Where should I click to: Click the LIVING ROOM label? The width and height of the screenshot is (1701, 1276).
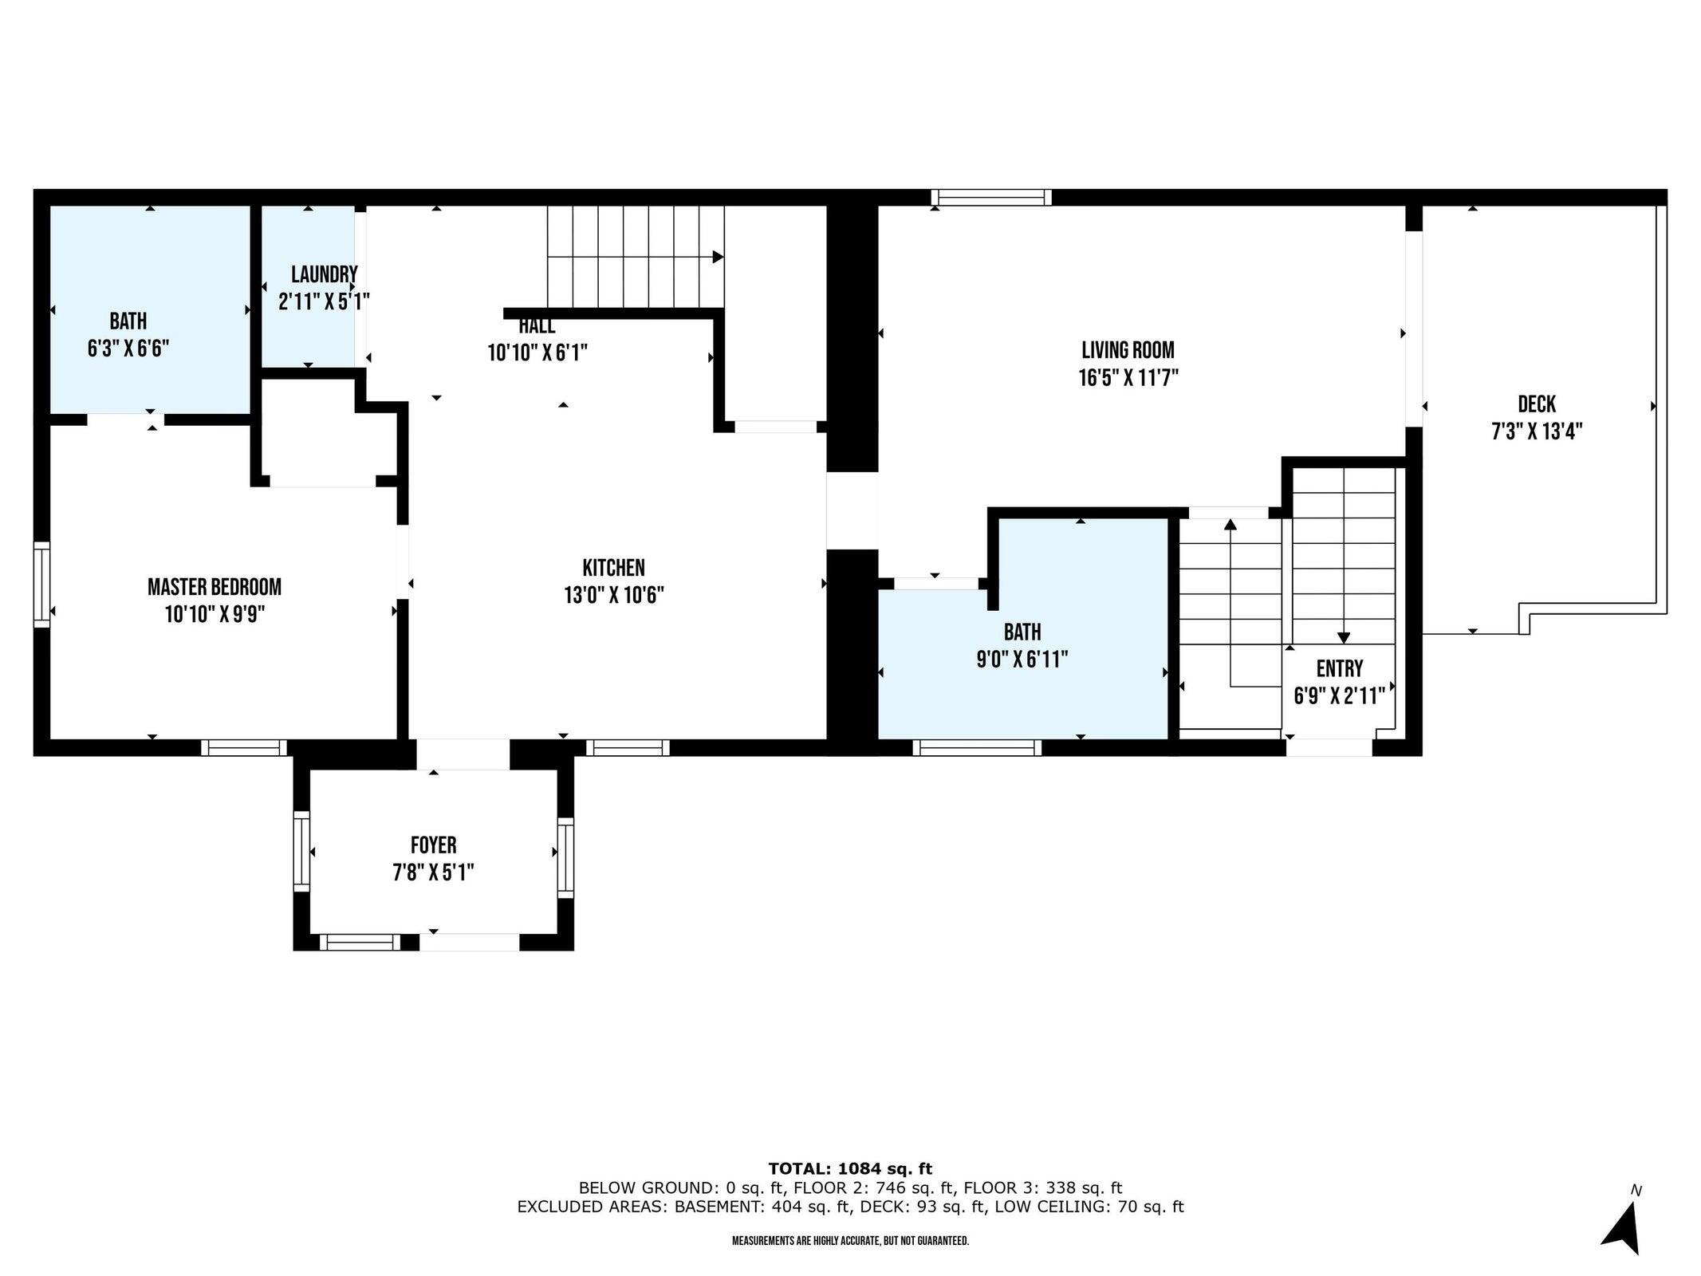[x=1128, y=350]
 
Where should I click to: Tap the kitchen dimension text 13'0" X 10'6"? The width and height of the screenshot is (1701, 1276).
[x=613, y=596]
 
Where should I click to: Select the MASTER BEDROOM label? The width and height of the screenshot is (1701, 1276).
[x=214, y=588]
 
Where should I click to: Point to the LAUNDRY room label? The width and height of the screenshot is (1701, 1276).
[x=324, y=275]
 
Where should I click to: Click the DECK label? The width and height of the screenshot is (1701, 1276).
[x=1536, y=404]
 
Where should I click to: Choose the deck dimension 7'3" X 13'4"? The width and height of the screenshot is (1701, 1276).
[x=1536, y=432]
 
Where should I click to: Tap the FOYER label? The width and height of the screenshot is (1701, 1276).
[x=433, y=845]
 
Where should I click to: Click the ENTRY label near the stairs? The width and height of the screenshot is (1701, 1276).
[x=1339, y=668]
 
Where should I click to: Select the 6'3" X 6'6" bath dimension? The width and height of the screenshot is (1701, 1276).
[x=128, y=349]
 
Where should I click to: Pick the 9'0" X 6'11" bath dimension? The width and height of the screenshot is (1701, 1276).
[x=1022, y=660]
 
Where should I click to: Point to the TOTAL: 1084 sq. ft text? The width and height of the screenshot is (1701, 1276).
[x=849, y=1168]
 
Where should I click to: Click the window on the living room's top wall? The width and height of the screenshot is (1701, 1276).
[x=991, y=197]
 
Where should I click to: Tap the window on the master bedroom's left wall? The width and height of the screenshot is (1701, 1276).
[x=41, y=585]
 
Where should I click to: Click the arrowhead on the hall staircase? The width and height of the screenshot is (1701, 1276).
[x=718, y=257]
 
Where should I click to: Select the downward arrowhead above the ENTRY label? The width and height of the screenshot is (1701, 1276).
[x=1343, y=637]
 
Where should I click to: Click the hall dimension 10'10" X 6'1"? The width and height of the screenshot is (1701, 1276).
[x=537, y=352]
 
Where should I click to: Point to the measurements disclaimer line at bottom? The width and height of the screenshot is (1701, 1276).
[x=850, y=1241]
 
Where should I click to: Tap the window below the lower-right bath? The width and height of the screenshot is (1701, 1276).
[x=977, y=747]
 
